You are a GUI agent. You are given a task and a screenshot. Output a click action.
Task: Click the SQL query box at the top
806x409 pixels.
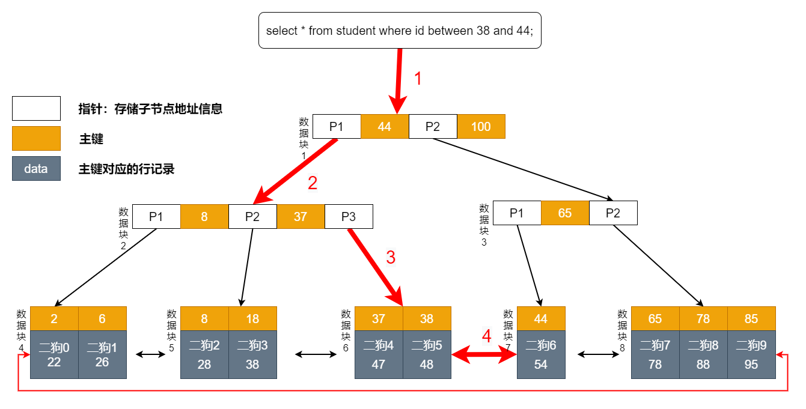point(399,31)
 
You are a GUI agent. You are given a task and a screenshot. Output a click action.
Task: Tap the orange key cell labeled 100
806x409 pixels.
point(481,127)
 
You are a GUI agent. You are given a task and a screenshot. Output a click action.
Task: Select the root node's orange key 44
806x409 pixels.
point(385,127)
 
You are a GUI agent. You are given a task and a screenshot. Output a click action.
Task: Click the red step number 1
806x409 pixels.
point(419,79)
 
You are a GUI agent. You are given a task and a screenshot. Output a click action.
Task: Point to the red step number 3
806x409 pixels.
point(391,258)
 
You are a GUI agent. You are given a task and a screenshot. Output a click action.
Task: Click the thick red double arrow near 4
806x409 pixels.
point(484,356)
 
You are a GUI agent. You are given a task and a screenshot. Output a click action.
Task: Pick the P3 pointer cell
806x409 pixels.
point(349,217)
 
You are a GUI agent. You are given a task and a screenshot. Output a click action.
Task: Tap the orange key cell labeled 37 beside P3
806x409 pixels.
point(301,217)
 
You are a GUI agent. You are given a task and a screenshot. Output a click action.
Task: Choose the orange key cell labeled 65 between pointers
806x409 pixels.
point(565,213)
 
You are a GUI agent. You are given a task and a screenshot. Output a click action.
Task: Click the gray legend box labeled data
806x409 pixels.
point(36,169)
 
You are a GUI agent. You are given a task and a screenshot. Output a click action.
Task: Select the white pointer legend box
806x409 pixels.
point(36,109)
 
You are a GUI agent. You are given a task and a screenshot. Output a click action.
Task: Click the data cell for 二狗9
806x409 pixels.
point(751,354)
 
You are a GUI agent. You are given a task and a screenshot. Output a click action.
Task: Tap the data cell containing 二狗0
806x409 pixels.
point(54,354)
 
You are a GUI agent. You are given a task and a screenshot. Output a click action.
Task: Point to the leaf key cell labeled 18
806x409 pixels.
point(252,319)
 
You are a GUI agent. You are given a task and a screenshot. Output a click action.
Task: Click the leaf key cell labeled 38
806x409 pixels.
point(427,319)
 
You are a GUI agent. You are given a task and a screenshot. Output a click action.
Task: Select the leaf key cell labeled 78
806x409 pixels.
point(703,319)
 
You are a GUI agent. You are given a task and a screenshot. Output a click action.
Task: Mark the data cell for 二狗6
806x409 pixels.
point(541,354)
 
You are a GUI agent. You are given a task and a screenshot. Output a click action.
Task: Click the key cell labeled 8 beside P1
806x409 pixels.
point(204,217)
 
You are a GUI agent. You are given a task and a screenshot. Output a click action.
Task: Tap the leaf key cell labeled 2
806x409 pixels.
point(54,319)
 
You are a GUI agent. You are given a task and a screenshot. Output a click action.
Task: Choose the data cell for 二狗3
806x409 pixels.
point(252,354)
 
